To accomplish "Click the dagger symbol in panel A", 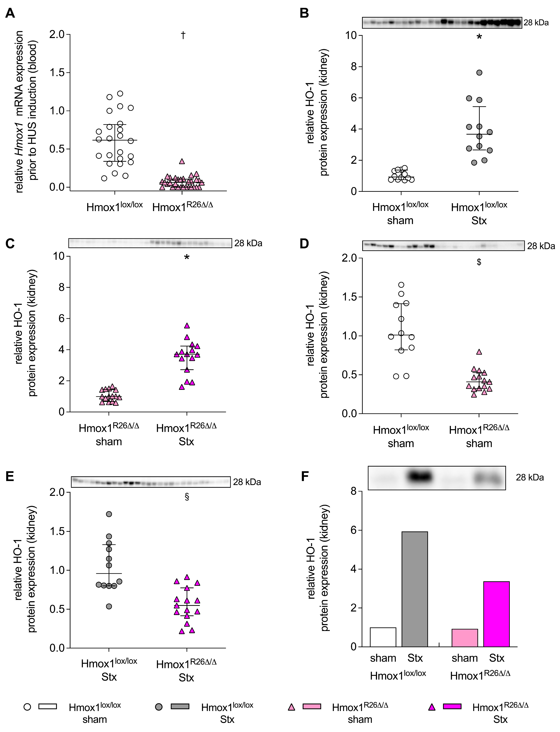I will point(183,35).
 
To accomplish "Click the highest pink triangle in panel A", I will point(182,161).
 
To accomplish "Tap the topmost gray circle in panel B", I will point(479,73).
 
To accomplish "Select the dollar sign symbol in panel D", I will point(479,262).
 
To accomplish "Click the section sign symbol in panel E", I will point(187,497).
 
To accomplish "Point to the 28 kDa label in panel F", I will point(530,477).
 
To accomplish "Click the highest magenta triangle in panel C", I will point(187,325).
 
